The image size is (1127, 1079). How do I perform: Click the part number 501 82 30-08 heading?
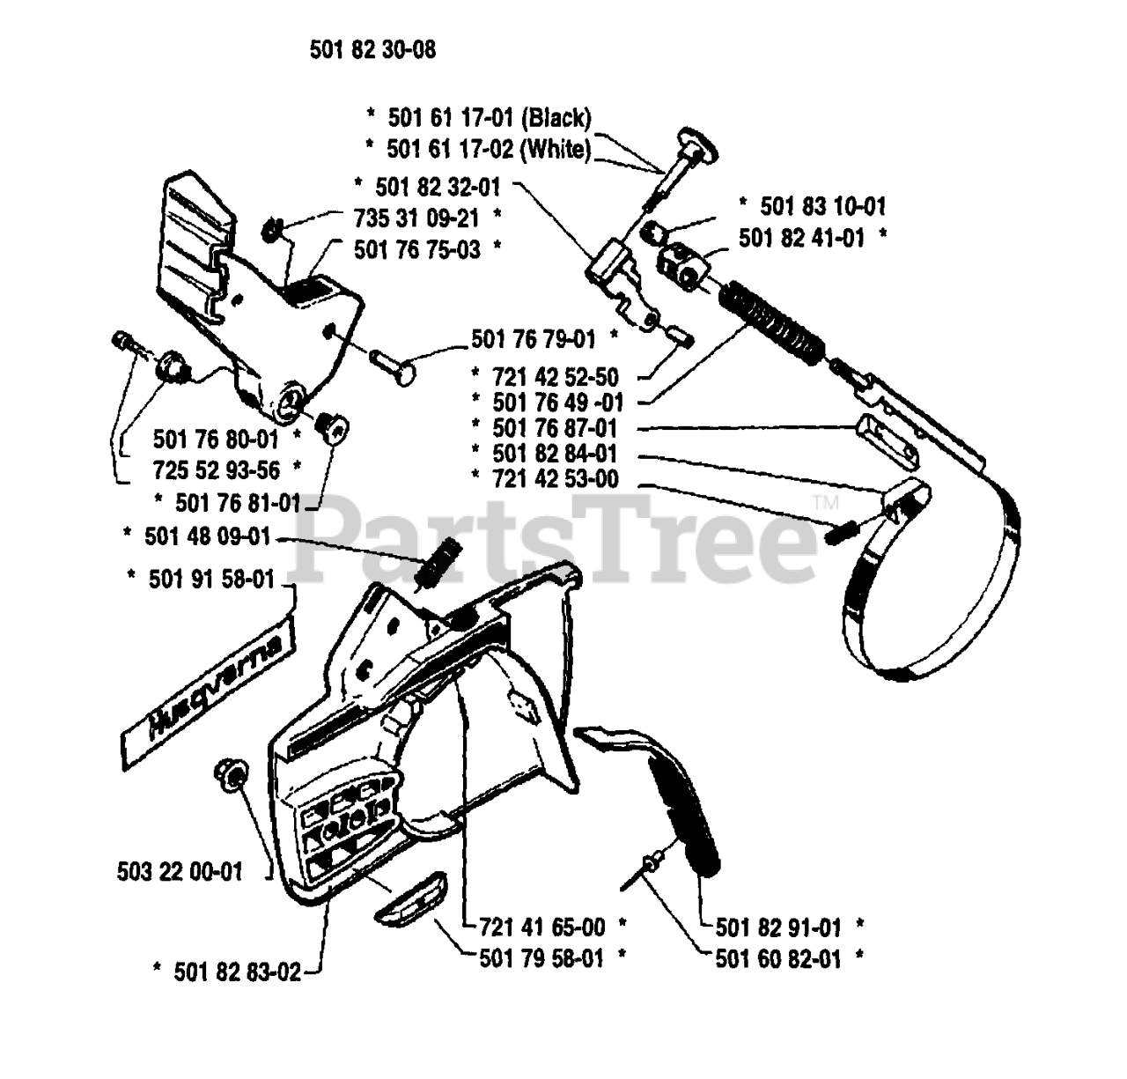coord(372,50)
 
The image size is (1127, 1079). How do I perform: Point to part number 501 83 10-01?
coord(812,206)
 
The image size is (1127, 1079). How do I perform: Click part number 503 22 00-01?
coord(180,872)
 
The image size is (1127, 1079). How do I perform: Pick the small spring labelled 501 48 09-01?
coord(438,560)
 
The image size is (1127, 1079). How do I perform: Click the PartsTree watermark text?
coord(546,537)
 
